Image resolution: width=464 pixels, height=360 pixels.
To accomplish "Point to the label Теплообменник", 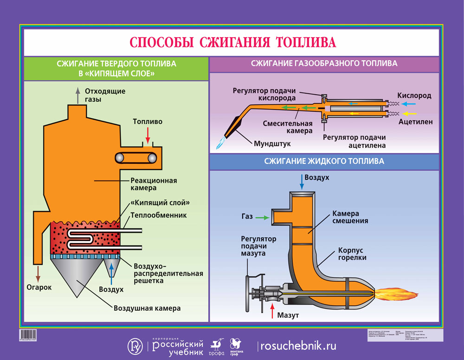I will [158, 215].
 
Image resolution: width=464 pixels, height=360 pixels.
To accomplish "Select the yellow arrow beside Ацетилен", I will [410, 114].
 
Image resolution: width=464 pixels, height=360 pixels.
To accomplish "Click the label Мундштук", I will [272, 143].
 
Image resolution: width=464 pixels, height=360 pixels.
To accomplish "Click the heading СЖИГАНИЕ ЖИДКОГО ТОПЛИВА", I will [324, 161].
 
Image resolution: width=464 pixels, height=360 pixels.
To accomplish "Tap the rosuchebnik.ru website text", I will [298, 346].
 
